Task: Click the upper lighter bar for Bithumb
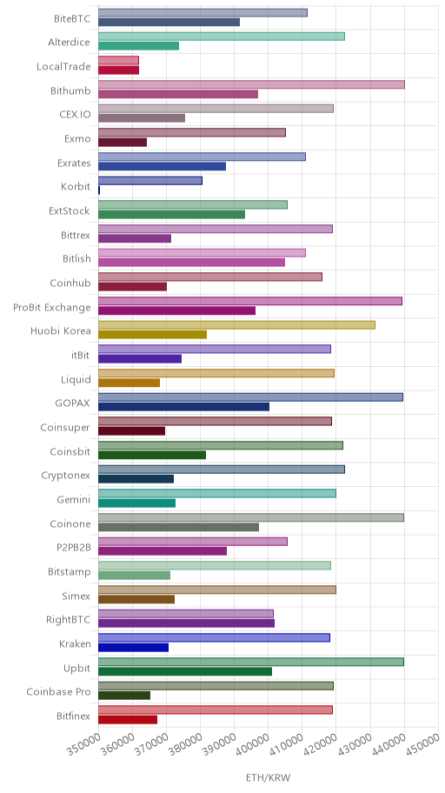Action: pyautogui.click(x=251, y=84)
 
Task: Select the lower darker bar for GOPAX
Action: pyautogui.click(x=183, y=407)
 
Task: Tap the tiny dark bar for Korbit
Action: pyautogui.click(x=99, y=190)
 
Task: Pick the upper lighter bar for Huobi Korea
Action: pyautogui.click(x=236, y=325)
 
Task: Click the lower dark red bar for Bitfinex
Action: pyautogui.click(x=128, y=720)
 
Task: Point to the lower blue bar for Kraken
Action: pyautogui.click(x=133, y=647)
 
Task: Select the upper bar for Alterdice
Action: pyautogui.click(x=222, y=37)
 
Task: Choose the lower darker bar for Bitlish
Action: pyautogui.click(x=191, y=263)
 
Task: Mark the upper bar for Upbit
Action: pyautogui.click(x=251, y=662)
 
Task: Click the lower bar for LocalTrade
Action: pyautogui.click(x=118, y=70)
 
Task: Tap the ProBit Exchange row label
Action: pyautogui.click(x=52, y=308)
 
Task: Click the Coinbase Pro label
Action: pyautogui.click(x=58, y=692)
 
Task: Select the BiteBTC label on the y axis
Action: pyautogui.click(x=72, y=19)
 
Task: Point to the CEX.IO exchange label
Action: pyautogui.click(x=76, y=114)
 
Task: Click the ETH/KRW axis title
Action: pyautogui.click(x=268, y=778)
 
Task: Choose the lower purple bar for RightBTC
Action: pyautogui.click(x=186, y=623)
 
